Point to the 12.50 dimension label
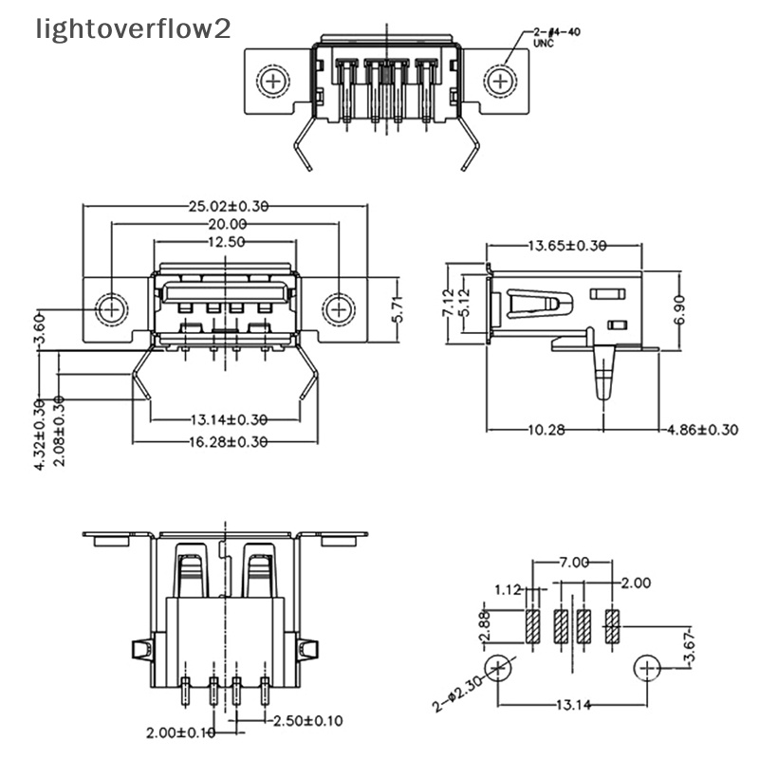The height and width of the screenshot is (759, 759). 225,243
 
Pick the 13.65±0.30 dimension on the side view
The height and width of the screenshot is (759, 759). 566,246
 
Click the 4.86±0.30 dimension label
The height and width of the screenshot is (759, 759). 703,430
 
